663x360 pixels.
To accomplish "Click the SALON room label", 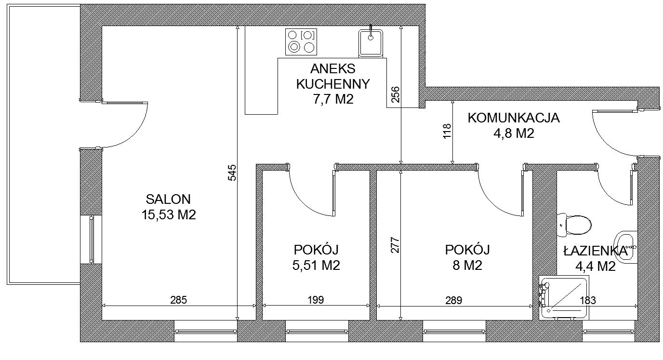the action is (168, 199).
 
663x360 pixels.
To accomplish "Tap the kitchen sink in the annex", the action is (371, 42).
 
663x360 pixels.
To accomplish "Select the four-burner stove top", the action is (301, 42).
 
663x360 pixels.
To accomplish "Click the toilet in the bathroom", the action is (574, 225).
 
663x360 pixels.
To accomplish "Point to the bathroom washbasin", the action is (626, 247).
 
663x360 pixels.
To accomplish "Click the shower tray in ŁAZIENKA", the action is (564, 297).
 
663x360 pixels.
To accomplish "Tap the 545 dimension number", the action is (232, 173).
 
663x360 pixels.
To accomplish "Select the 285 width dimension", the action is (178, 300).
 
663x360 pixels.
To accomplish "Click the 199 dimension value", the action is (316, 300).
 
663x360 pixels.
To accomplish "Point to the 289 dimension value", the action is (454, 301).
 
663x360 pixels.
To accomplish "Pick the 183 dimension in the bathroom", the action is (587, 301).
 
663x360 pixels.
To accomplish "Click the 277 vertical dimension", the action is (395, 245).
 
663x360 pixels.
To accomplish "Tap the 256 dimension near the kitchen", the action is (395, 94).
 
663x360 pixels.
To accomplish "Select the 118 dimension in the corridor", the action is (447, 131).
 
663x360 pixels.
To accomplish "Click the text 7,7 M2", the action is (333, 99).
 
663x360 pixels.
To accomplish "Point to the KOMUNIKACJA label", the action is (514, 118).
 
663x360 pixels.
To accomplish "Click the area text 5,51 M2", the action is (316, 265).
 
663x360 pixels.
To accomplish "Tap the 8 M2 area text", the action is (467, 265).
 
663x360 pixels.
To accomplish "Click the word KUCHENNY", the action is (333, 84).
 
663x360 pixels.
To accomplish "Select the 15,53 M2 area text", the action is (169, 214).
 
